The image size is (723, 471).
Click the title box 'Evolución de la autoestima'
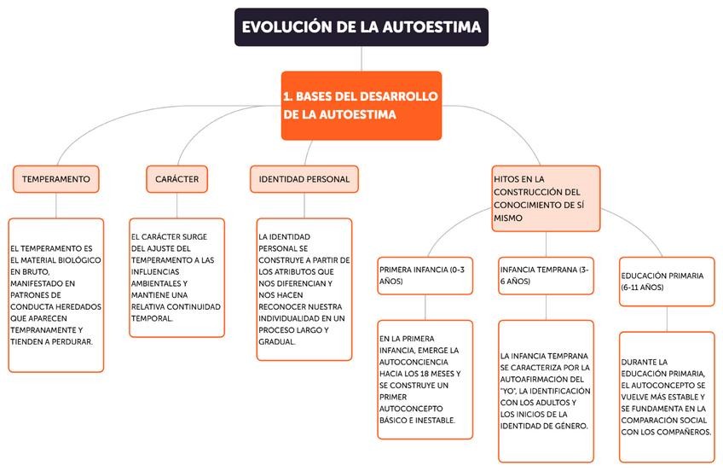pos(361,27)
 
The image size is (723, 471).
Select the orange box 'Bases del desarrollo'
pos(361,105)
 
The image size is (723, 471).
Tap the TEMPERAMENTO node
pos(56,179)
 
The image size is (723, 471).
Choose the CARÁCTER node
pos(177,179)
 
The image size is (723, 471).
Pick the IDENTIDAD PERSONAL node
pos(304,179)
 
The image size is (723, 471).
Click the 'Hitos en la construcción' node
pos(546,198)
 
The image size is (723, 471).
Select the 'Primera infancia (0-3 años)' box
pos(425,275)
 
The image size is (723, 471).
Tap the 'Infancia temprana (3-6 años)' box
pos(546,275)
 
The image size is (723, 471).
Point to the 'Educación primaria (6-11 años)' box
pos(667,282)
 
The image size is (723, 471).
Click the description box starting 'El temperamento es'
pos(56,294)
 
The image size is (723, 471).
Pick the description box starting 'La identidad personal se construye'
pos(304,288)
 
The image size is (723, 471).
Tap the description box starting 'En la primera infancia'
pos(425,379)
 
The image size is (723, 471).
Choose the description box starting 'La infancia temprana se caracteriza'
pos(546,390)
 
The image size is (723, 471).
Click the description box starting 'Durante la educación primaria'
pos(667,396)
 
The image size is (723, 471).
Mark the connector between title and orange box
pos(361,58)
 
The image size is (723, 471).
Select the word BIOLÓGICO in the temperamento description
pos(79,259)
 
